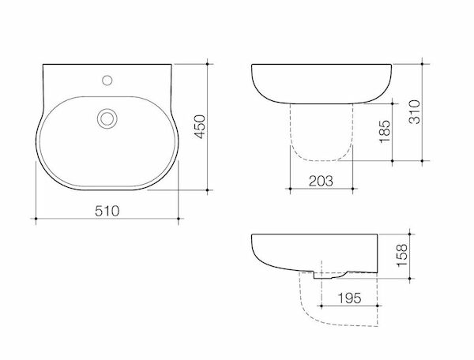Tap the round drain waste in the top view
click(x=106, y=119)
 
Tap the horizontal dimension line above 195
click(x=348, y=305)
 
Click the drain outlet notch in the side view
click(x=324, y=276)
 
